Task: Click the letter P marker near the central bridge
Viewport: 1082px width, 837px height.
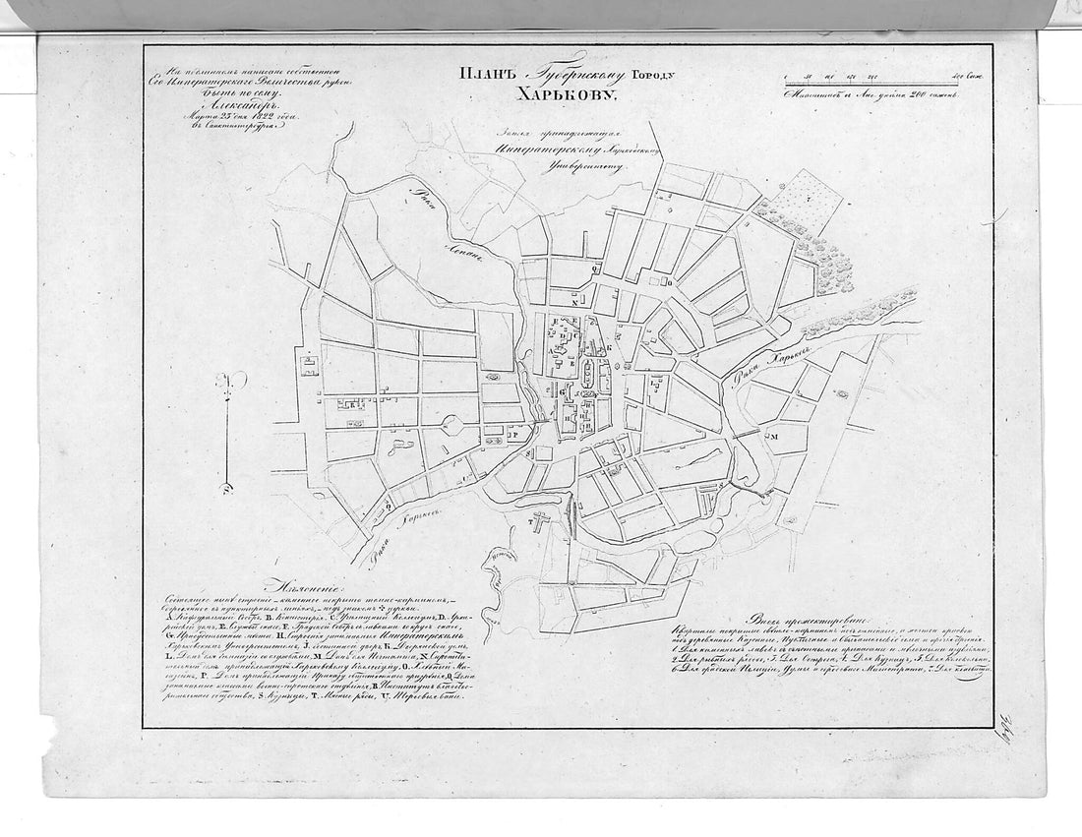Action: pos(512,432)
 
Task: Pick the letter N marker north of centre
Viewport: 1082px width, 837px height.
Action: pos(573,302)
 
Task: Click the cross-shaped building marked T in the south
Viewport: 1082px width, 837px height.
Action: pos(537,525)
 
